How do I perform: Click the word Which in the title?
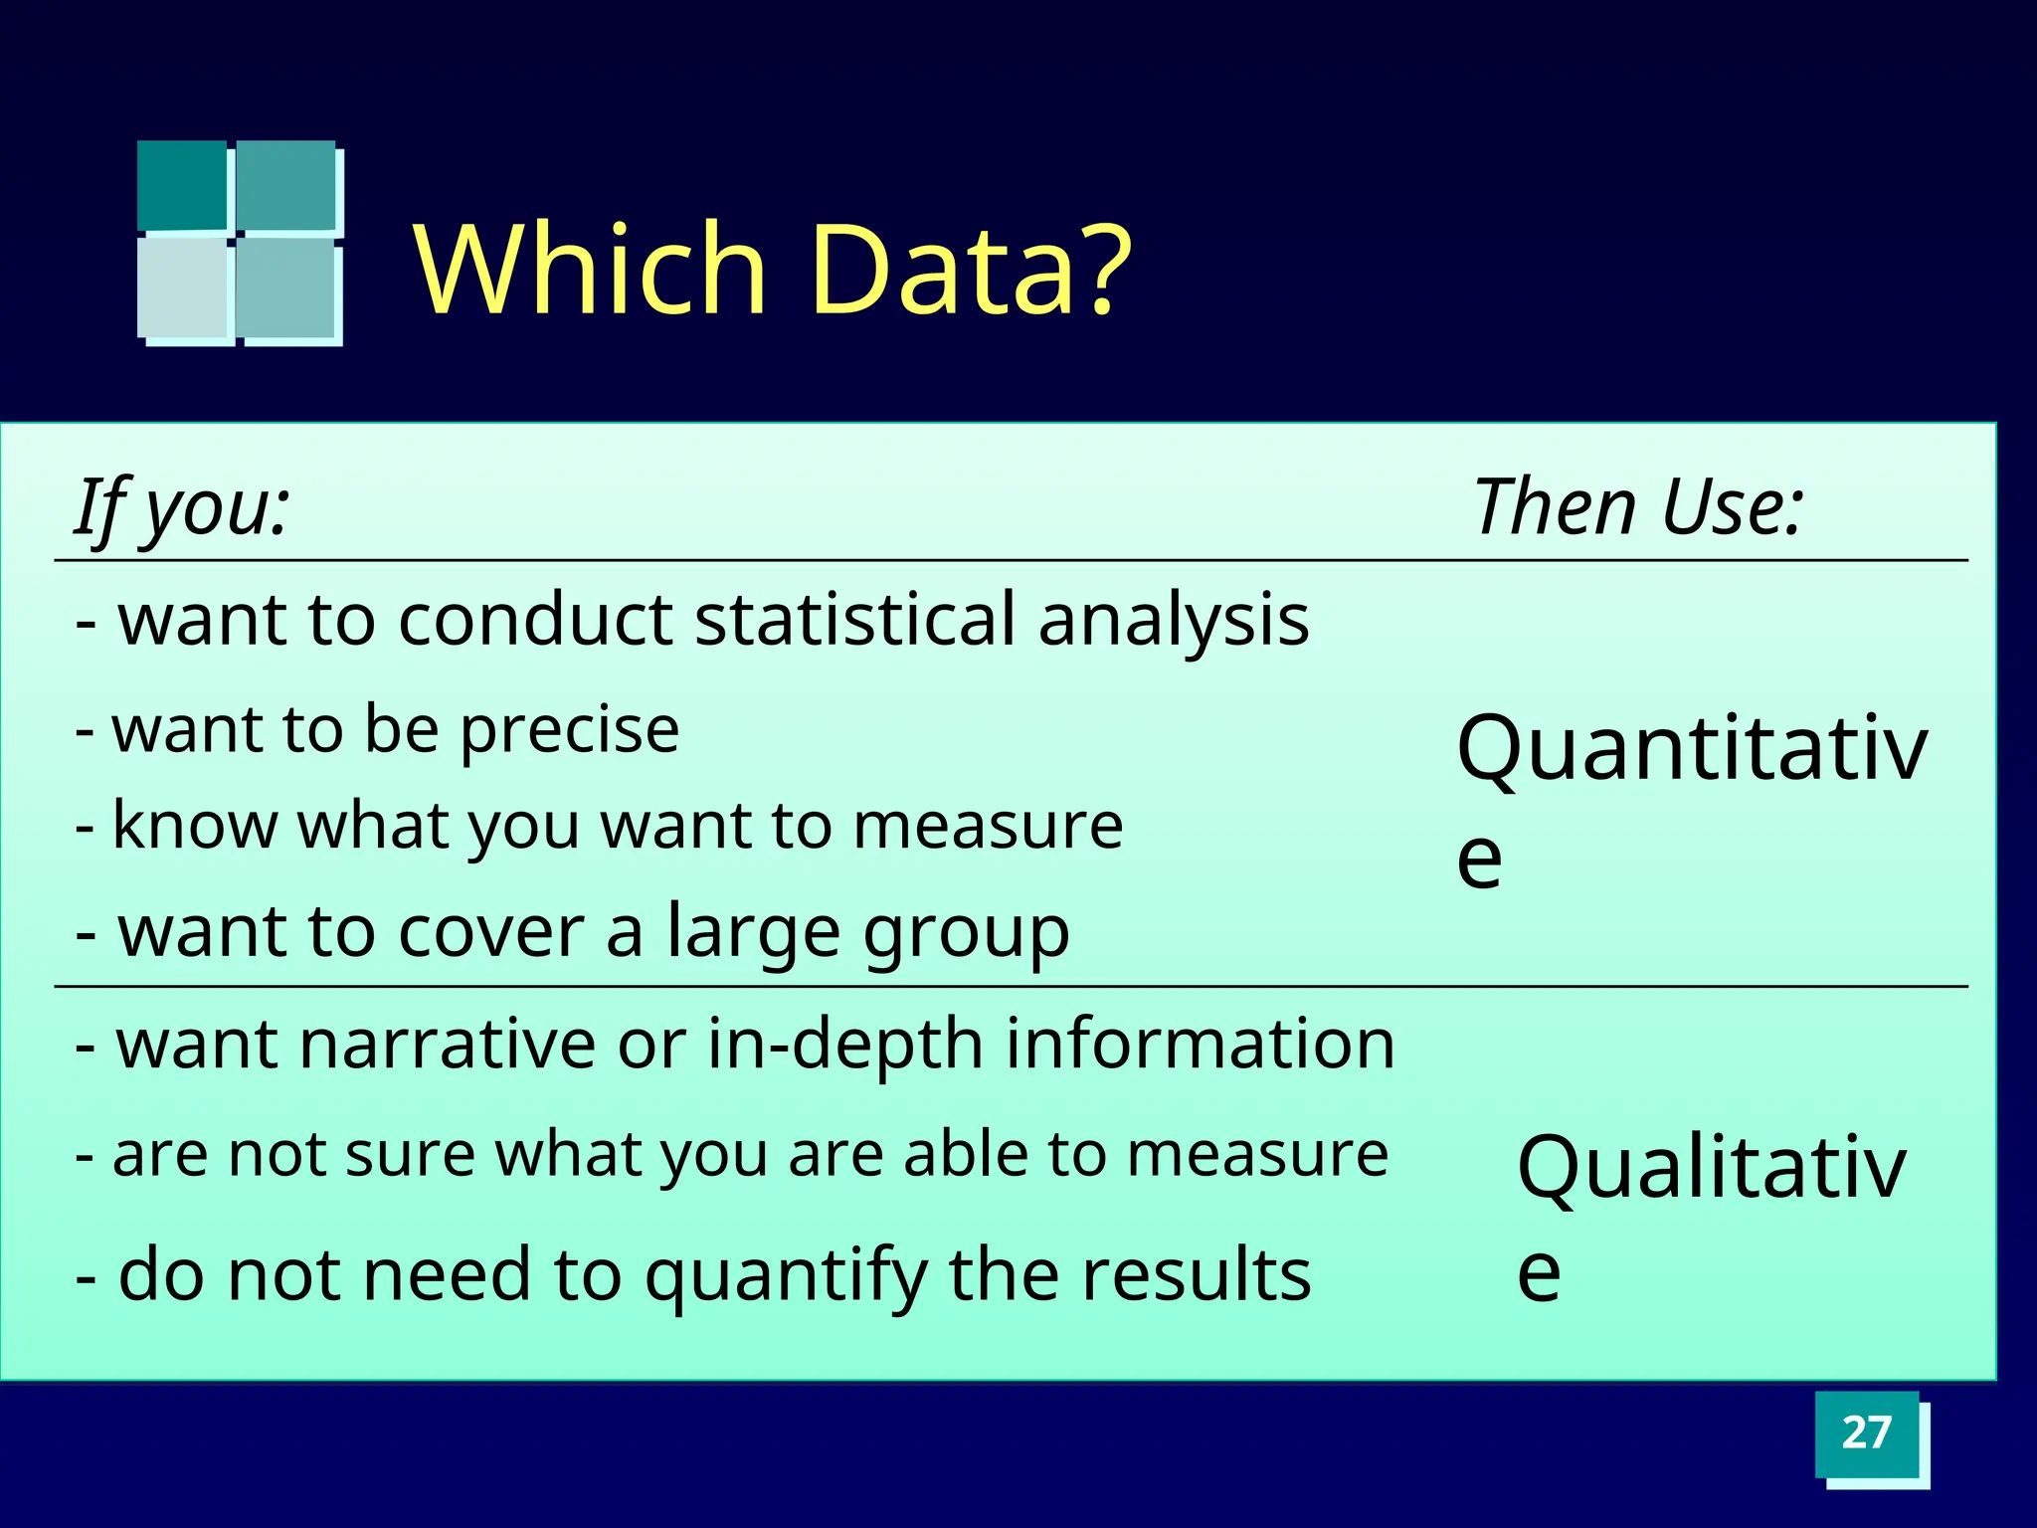tap(589, 271)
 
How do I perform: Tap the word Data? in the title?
tap(970, 271)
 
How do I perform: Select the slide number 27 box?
tap(1866, 1433)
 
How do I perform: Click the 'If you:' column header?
tap(183, 507)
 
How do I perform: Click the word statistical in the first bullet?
tap(853, 620)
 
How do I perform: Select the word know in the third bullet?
tap(195, 826)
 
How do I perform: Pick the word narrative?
tap(446, 1045)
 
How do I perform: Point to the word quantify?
tap(786, 1276)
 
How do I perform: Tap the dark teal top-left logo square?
tap(182, 185)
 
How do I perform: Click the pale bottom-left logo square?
tap(183, 288)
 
